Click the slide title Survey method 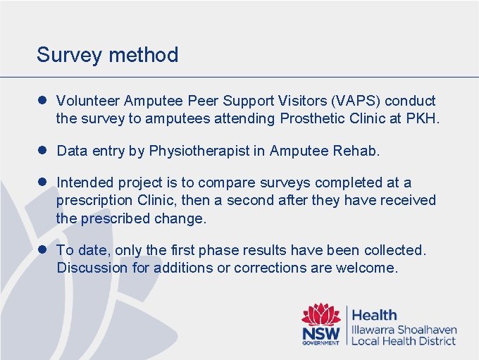(x=107, y=55)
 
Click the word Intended (x=84, y=182)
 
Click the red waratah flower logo (x=321, y=314)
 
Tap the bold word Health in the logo (x=374, y=315)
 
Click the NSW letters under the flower (x=321, y=333)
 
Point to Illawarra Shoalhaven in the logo (x=404, y=330)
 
